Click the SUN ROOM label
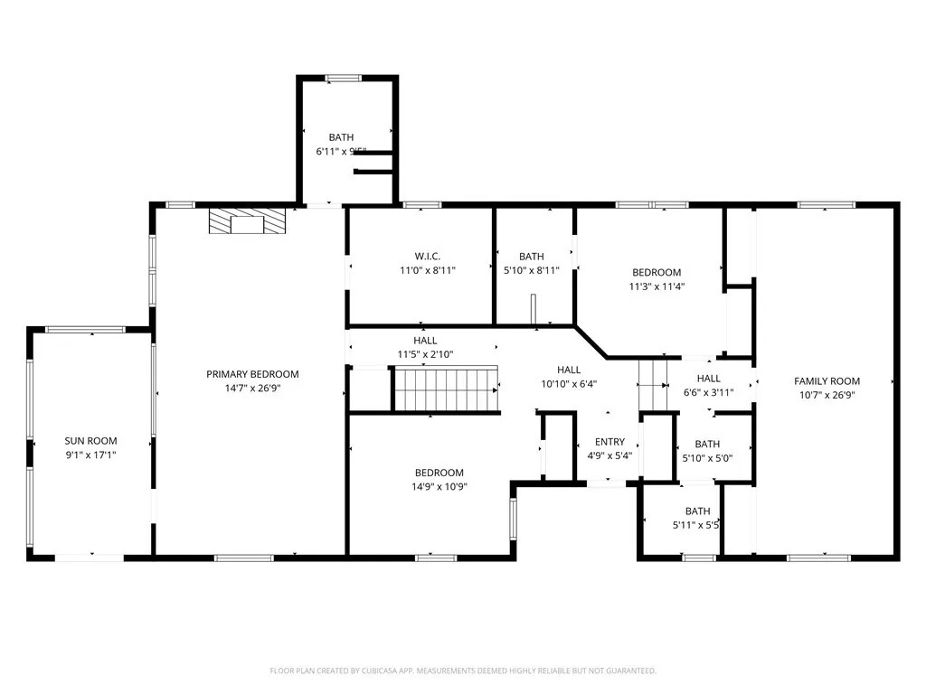[x=90, y=441]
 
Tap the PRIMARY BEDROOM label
[x=252, y=374]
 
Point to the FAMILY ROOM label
[x=827, y=381]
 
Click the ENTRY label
[x=609, y=442]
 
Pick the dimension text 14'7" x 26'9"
[x=252, y=388]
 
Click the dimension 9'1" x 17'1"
[x=90, y=455]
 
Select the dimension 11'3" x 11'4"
[x=657, y=286]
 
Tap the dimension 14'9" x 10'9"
[x=439, y=486]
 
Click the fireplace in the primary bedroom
[x=246, y=222]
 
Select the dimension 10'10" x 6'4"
[x=569, y=383]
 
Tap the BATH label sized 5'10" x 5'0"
[x=707, y=444]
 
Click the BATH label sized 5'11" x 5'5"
[x=697, y=511]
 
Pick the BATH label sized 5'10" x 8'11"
[x=531, y=257]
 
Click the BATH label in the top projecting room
[x=341, y=137]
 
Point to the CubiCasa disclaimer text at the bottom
[x=463, y=671]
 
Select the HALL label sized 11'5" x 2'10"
[x=425, y=341]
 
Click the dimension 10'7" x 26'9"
[x=827, y=395]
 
